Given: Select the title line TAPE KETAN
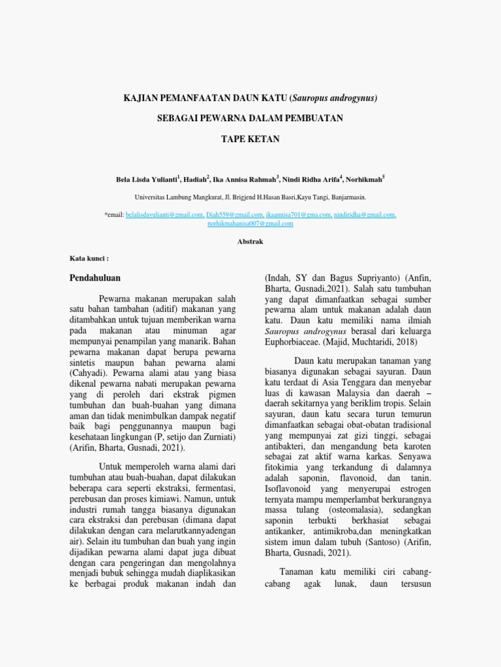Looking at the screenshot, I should pos(250,139).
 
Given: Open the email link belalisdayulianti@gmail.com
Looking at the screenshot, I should pos(165,214).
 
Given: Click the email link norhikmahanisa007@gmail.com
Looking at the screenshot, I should pos(250,223).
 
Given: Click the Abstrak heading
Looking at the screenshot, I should pos(250,241).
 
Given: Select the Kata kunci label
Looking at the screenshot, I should pos(88,258).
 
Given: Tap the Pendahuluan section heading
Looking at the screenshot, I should pos(95,278).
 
